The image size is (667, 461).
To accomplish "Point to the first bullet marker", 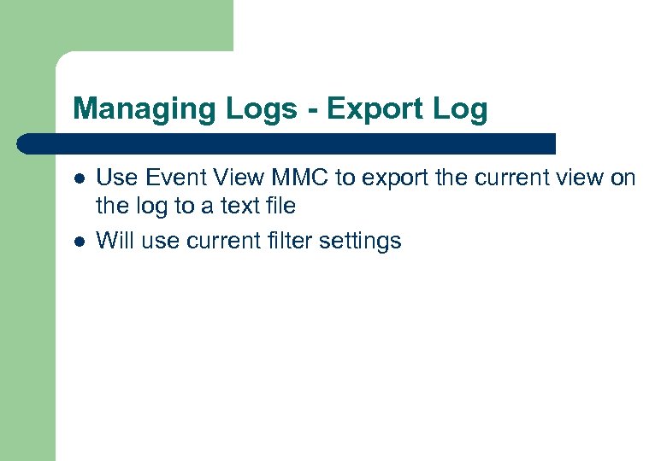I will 79,178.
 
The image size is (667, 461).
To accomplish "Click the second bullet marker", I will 79,242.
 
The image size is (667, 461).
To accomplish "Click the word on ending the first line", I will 624,178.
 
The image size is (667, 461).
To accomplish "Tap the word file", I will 280,206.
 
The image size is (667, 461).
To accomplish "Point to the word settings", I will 360,242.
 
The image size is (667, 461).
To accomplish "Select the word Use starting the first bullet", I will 117,178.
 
